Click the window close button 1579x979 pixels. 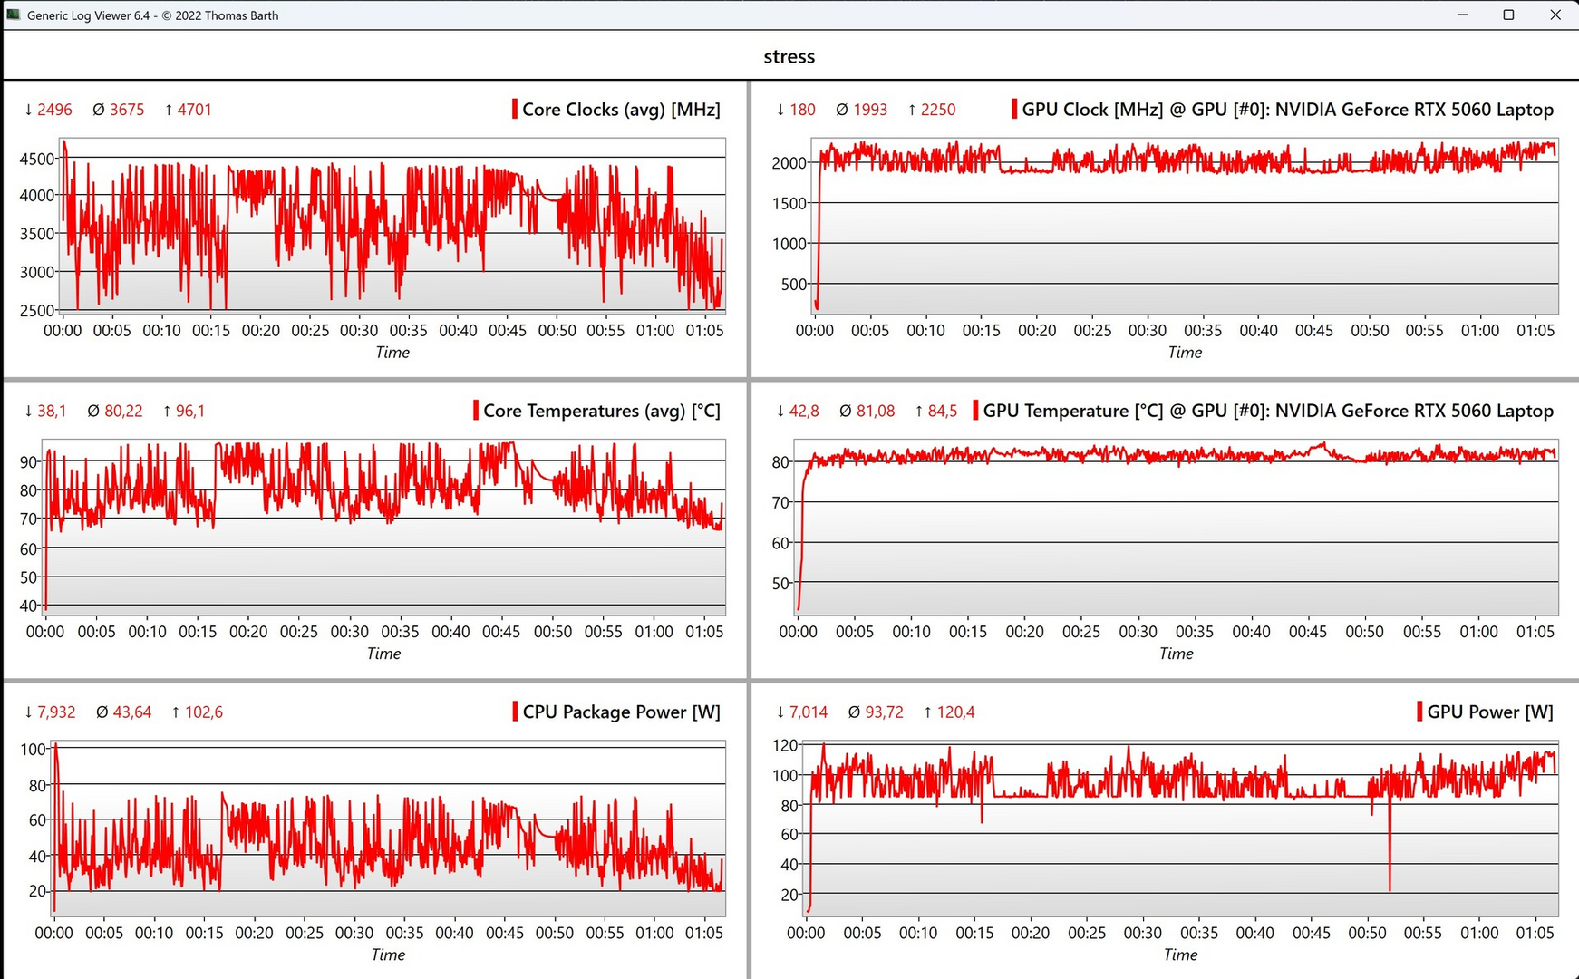pos(1555,15)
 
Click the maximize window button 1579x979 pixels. pos(1508,15)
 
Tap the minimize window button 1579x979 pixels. pos(1462,15)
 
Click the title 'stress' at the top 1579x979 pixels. pos(789,56)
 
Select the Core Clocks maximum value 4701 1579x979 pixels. pos(194,110)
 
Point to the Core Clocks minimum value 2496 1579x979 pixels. pos(54,110)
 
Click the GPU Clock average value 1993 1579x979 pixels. pos(870,110)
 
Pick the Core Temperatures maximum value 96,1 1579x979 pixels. pos(189,411)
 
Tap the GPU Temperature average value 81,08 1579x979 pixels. pos(875,411)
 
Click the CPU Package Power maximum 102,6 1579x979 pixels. pos(203,712)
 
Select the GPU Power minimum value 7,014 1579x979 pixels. pos(808,712)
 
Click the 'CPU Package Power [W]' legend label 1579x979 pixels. pos(621,712)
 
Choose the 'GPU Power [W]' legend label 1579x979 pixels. pos(1489,712)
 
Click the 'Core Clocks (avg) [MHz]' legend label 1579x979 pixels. pos(621,110)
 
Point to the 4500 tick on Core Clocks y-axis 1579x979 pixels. pos(36,159)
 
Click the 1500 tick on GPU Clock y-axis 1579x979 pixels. pos(789,203)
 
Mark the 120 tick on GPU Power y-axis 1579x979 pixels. pos(785,745)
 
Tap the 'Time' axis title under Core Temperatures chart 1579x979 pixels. pos(383,654)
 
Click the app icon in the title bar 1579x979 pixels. pos(13,15)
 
